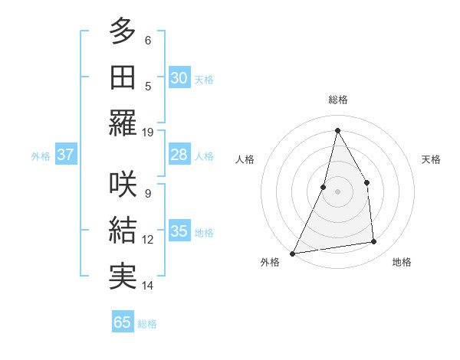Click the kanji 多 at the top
tap(123, 33)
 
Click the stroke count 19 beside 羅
tap(148, 133)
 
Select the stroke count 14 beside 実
tap(148, 286)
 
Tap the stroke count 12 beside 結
tap(148, 240)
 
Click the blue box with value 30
tap(179, 78)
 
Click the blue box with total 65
tap(123, 322)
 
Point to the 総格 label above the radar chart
tap(338, 100)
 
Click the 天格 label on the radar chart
tap(432, 159)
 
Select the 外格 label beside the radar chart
tap(270, 262)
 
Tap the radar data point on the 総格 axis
tap(337, 130)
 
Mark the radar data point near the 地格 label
tap(374, 242)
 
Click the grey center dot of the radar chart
tap(337, 191)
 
